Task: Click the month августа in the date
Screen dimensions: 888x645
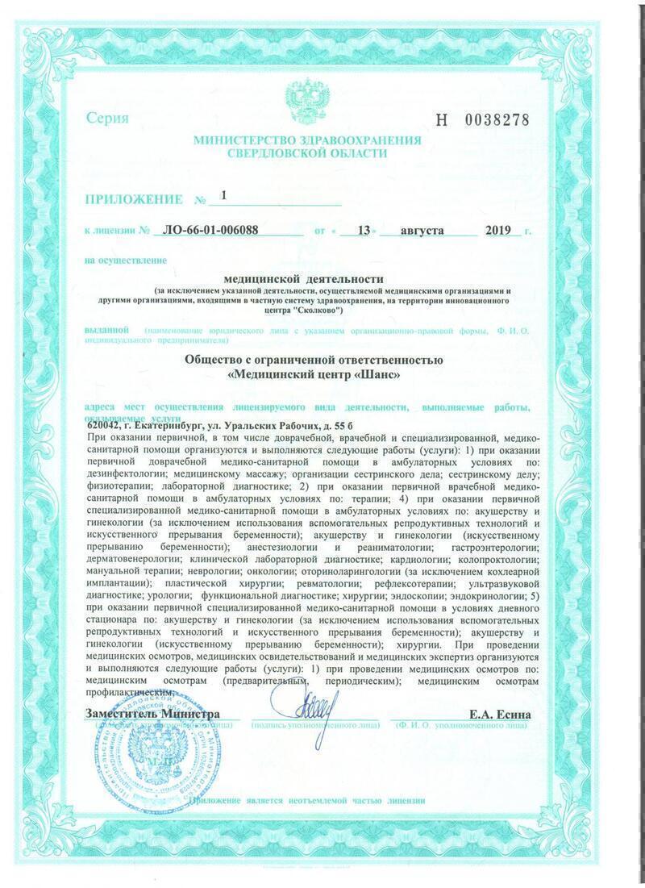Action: [x=418, y=230]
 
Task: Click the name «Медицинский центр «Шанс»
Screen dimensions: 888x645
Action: [x=314, y=375]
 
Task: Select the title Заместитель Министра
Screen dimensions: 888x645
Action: [x=151, y=715]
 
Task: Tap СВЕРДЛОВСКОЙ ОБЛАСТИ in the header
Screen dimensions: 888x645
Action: [x=307, y=153]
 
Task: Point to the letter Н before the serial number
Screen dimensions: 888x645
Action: [x=440, y=120]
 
